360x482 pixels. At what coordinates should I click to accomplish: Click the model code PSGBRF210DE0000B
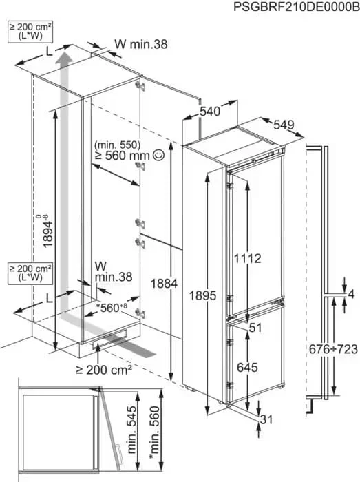tap(297, 6)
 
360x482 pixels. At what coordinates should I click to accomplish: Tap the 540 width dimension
tap(210, 111)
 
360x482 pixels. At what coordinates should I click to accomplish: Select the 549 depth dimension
tap(284, 125)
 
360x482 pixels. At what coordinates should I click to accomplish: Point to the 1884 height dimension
tap(164, 284)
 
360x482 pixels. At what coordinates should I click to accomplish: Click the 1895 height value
tap(202, 295)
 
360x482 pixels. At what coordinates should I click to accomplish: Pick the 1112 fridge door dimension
tap(248, 258)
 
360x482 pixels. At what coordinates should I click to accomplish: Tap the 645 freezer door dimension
tap(247, 367)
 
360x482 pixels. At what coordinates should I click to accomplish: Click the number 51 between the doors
tap(255, 328)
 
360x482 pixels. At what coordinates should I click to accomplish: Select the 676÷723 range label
tap(333, 349)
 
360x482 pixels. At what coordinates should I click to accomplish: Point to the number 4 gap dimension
tap(352, 294)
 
